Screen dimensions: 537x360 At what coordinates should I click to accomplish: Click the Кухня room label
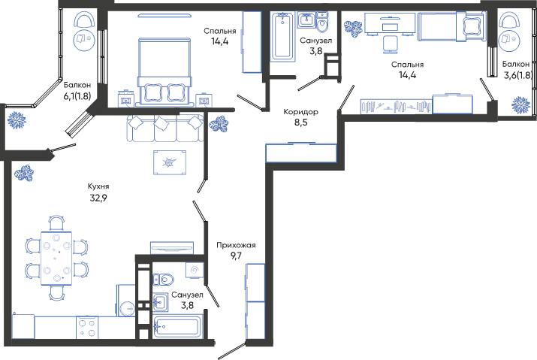[98, 186]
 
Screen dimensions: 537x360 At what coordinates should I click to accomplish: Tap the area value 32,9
[98, 198]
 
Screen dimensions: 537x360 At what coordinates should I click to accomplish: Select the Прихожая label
[236, 245]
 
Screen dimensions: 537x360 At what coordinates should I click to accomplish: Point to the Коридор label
[300, 112]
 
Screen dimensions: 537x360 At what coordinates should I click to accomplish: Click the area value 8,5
[300, 123]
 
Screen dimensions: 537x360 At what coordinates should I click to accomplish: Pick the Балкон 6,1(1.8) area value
[77, 96]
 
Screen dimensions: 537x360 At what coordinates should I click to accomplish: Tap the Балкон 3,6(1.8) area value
[517, 75]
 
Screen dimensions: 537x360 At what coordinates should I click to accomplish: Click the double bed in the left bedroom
[164, 71]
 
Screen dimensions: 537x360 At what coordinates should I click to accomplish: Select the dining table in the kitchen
[56, 259]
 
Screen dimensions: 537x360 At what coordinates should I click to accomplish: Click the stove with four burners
[87, 328]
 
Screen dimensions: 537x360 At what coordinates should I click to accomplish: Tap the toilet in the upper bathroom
[322, 22]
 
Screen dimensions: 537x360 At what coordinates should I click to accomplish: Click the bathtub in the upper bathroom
[282, 36]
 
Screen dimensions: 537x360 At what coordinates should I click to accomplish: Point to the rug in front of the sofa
[170, 162]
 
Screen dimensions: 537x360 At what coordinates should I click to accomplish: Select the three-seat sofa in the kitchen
[165, 129]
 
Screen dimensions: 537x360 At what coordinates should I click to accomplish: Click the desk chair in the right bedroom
[388, 44]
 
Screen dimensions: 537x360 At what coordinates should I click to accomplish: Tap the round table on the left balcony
[83, 39]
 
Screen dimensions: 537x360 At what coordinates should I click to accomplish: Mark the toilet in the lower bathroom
[163, 280]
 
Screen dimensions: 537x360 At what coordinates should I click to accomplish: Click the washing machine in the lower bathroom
[195, 270]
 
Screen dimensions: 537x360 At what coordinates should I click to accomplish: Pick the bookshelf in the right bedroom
[396, 106]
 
